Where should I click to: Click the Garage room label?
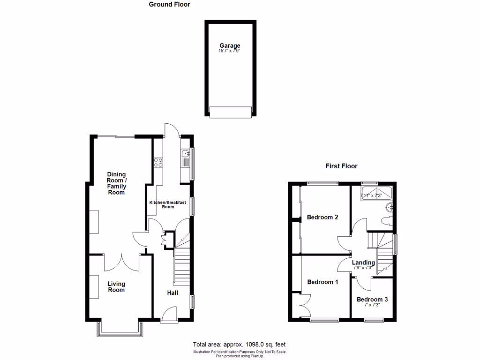pyautogui.click(x=230, y=45)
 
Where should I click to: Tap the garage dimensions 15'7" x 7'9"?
pyautogui.click(x=230, y=51)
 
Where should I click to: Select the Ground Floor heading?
pyautogui.click(x=169, y=5)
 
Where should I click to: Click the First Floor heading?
pyautogui.click(x=341, y=166)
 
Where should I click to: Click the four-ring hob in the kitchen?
pyautogui.click(x=158, y=162)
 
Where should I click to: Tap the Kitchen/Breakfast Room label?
pyautogui.click(x=168, y=204)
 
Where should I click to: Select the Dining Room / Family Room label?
pyautogui.click(x=116, y=183)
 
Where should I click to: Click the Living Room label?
pyautogui.click(x=116, y=286)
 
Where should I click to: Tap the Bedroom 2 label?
pyautogui.click(x=323, y=217)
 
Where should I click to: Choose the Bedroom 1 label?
pyautogui.click(x=323, y=282)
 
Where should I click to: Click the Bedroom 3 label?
pyautogui.click(x=372, y=299)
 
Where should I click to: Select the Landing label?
pyautogui.click(x=363, y=262)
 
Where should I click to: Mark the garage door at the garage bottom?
pyautogui.click(x=230, y=112)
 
